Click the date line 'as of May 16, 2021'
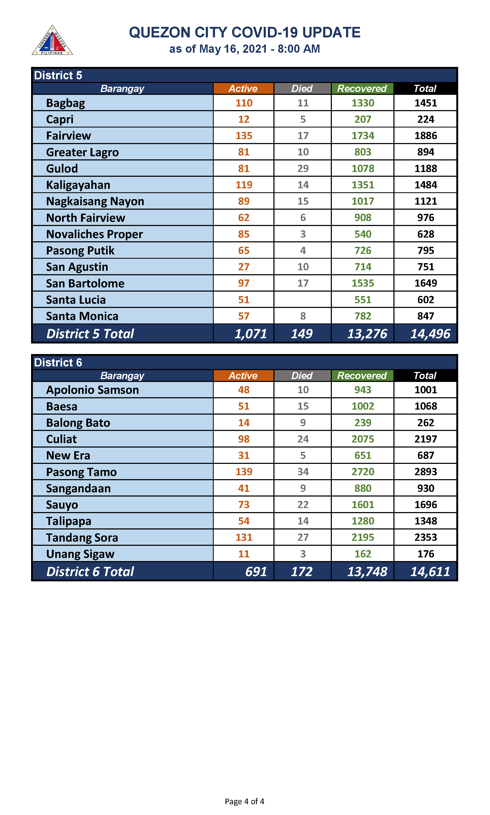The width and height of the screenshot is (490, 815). click(244, 49)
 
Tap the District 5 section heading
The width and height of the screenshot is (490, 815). click(58, 75)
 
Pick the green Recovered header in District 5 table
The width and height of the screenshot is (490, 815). click(362, 89)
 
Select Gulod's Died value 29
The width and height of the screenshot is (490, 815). click(303, 169)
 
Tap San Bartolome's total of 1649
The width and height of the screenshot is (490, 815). click(425, 283)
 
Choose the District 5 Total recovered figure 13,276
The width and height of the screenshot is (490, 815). click(367, 334)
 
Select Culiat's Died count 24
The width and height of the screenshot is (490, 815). click(303, 439)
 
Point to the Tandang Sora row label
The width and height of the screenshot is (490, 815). click(82, 537)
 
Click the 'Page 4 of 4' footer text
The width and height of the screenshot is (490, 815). click(244, 801)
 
